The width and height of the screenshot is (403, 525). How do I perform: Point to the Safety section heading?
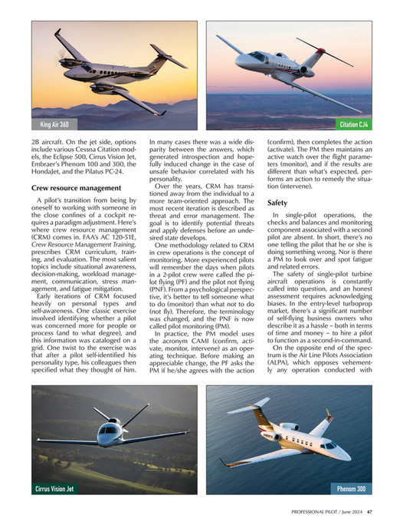277,203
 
